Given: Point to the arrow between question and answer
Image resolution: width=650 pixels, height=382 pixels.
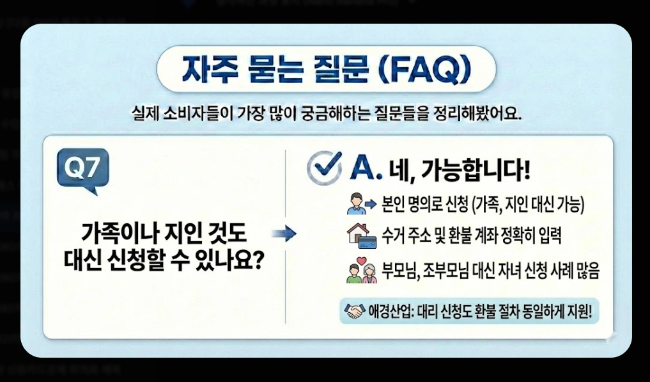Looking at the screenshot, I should (x=283, y=234).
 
